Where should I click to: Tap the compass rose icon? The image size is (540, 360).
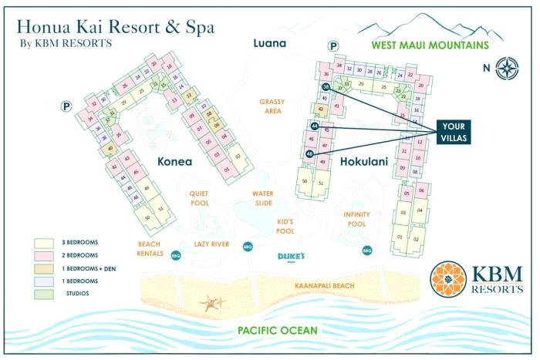507,67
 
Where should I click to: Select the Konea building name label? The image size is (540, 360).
181,162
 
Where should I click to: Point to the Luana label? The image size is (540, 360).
270,43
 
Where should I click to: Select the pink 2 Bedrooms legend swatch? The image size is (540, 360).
44,254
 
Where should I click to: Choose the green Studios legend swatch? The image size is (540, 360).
44,292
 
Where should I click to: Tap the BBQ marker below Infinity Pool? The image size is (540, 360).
367,250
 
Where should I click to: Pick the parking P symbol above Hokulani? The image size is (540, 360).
333,47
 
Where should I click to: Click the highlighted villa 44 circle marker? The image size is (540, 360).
315,125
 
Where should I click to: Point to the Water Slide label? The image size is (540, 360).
263,199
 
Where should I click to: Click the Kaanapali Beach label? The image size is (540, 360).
324,286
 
